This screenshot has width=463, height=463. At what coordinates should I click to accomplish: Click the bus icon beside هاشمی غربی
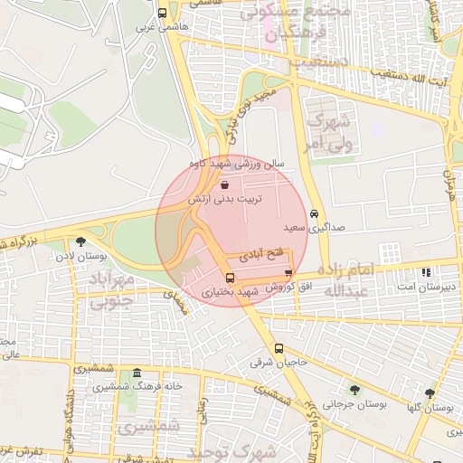tap(162, 14)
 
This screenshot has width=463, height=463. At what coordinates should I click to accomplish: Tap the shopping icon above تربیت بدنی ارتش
tap(224, 183)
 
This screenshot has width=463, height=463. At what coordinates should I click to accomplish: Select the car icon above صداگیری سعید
tap(313, 214)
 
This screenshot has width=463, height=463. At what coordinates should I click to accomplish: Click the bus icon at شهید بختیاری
tap(229, 278)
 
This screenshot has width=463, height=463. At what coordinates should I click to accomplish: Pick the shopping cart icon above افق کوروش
tap(288, 272)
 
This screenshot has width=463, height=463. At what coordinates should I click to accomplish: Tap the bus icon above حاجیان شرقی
tap(278, 348)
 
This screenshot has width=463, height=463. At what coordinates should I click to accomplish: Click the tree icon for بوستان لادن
tap(81, 241)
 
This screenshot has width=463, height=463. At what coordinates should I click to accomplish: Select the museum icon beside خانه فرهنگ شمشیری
tap(137, 373)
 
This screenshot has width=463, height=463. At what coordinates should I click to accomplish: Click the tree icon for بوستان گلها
tap(429, 393)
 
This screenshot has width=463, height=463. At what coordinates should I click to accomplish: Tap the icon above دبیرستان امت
tap(426, 271)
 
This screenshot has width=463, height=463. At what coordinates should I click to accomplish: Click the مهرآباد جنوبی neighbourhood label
tap(112, 291)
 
